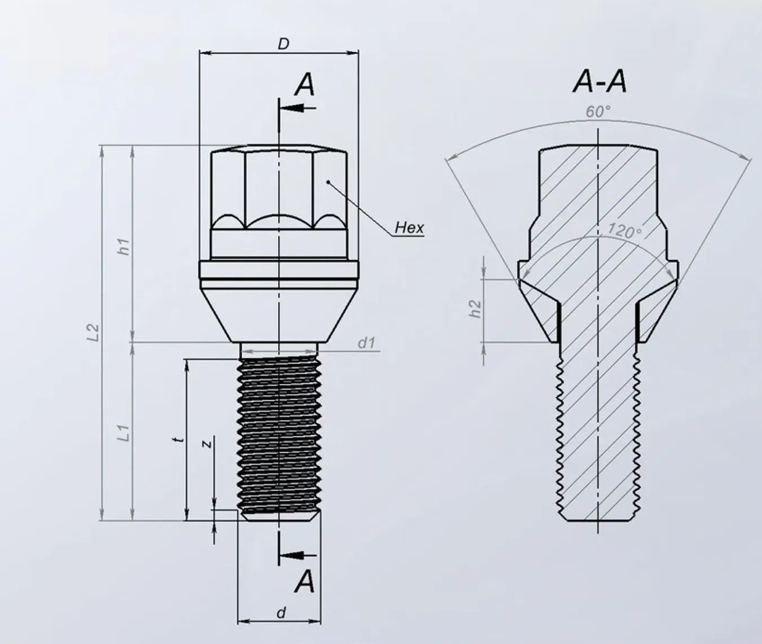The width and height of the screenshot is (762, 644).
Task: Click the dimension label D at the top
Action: (283, 44)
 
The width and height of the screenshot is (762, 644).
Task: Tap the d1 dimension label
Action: (366, 342)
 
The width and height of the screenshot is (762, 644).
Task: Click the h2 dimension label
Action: (475, 308)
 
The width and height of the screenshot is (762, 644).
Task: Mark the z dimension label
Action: (207, 444)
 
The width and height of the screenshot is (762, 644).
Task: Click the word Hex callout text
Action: (409, 227)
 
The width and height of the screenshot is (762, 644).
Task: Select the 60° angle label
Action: (598, 112)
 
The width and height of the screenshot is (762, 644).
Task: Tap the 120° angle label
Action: (624, 230)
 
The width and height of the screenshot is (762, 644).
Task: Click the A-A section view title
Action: (599, 82)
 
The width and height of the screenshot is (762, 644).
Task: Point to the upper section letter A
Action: (305, 85)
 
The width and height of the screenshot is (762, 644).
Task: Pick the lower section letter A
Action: (305, 581)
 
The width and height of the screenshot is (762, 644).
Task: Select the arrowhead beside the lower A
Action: (290, 555)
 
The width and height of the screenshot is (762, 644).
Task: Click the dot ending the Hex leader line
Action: (329, 182)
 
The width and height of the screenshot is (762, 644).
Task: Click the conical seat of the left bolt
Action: (279, 310)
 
